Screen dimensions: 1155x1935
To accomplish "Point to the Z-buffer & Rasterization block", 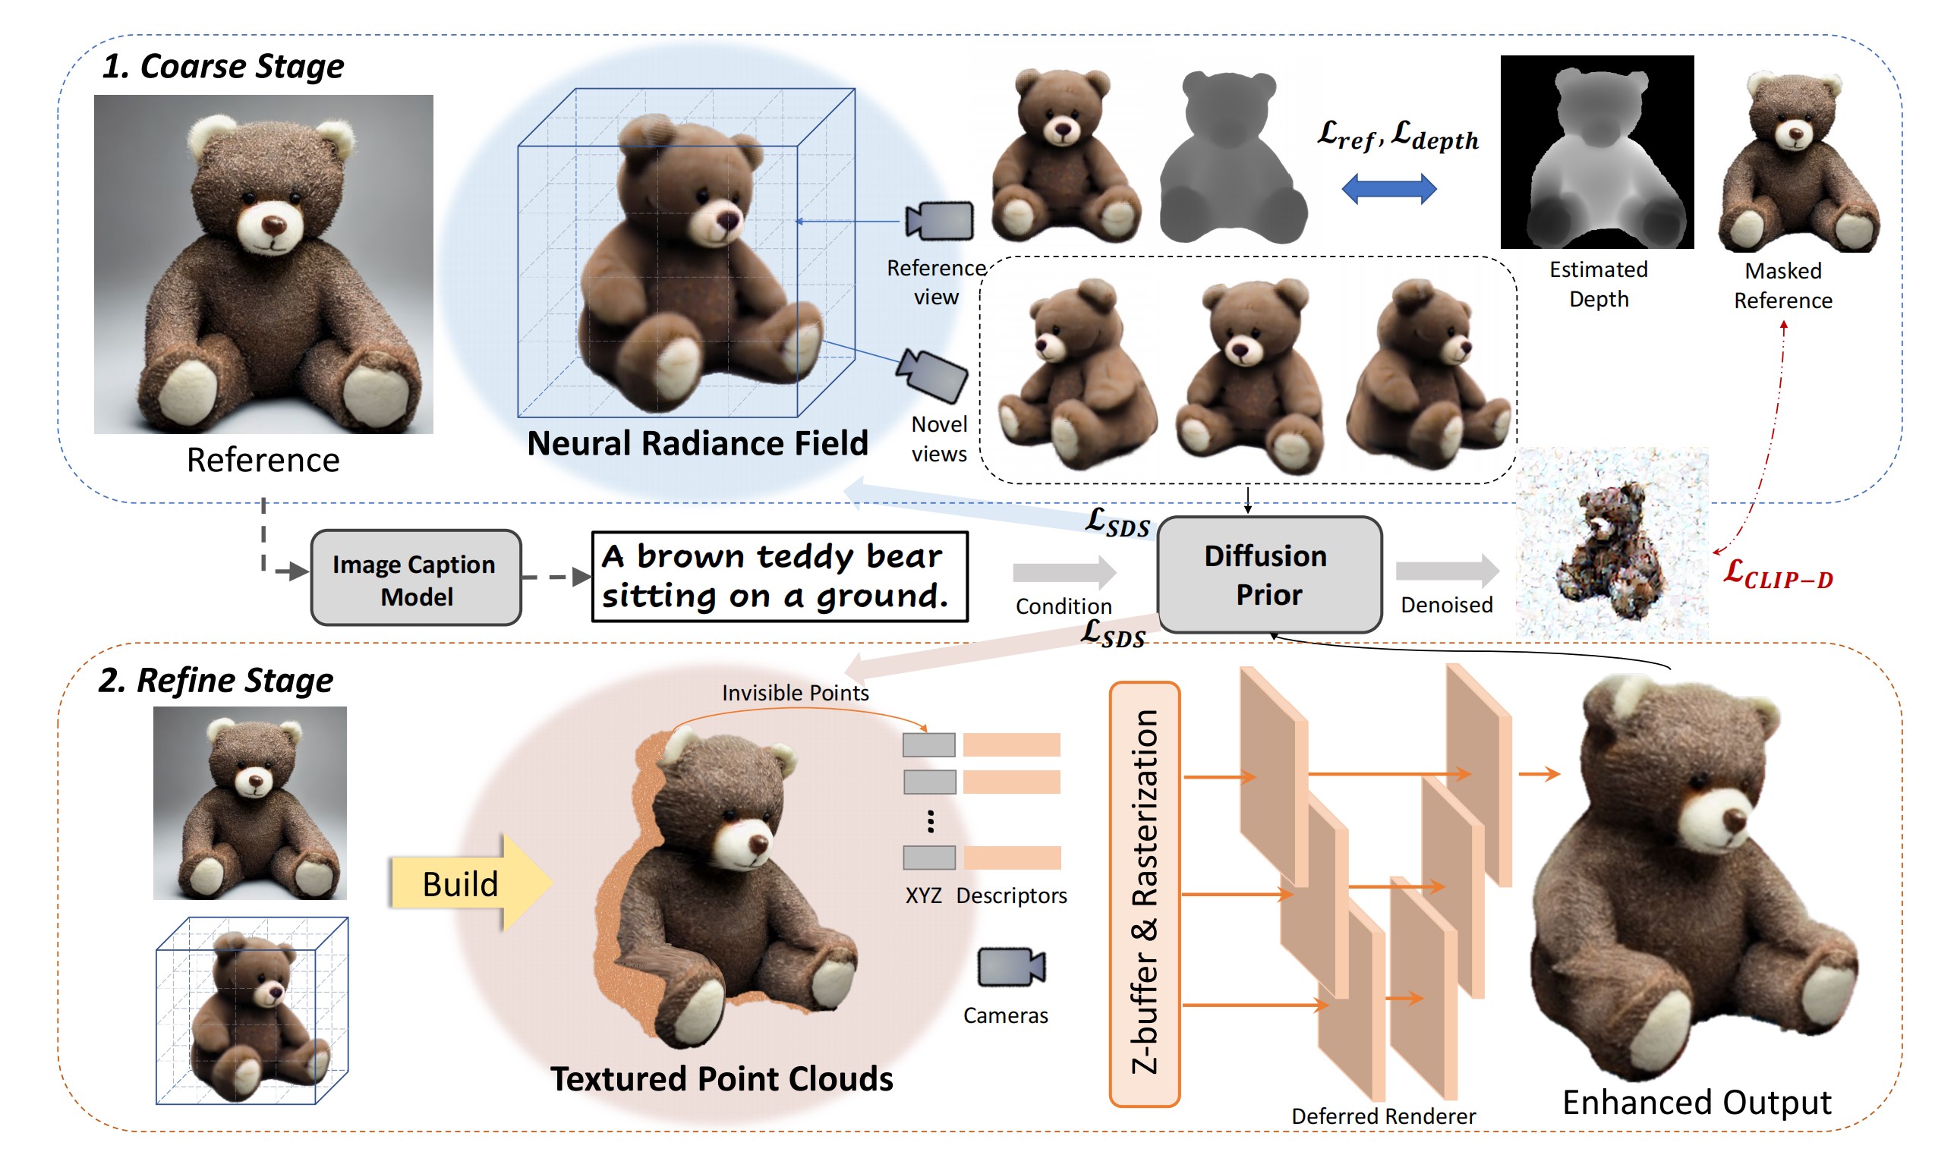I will coord(1145,894).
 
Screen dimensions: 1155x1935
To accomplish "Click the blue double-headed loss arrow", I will coord(1389,189).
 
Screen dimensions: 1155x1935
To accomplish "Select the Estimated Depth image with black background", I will coord(1597,153).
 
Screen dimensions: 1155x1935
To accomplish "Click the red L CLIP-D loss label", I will coord(1779,576).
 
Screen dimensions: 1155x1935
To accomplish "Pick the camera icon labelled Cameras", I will coord(1011,968).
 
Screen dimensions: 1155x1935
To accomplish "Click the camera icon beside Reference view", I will coord(940,221).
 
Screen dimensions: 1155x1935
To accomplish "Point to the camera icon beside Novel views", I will coord(932,376).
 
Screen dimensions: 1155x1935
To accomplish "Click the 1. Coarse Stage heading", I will coord(222,67).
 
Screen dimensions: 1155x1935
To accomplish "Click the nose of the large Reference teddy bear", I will coord(273,225).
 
